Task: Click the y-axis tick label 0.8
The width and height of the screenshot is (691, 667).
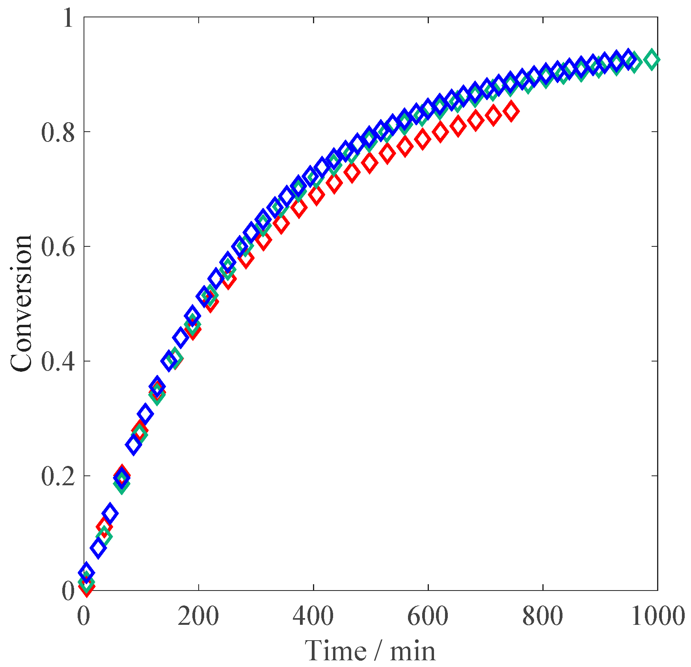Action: pos(58,133)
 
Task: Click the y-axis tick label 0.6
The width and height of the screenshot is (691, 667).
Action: pos(58,248)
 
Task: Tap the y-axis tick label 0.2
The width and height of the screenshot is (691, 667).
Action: pos(58,477)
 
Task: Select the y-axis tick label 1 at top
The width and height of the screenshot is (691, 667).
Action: pos(69,18)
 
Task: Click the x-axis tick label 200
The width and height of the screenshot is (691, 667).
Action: pos(198,616)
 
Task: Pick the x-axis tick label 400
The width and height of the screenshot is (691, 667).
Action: pos(313,616)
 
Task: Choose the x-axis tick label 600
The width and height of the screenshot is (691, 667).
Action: pos(428,616)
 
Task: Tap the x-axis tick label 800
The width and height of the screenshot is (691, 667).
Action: pos(542,616)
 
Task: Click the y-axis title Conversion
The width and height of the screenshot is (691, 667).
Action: pos(21,303)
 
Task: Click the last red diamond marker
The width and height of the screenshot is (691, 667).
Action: pos(511,111)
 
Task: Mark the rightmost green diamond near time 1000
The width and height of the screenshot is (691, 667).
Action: pos(652,60)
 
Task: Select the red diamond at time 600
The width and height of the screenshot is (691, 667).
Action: pos(423,140)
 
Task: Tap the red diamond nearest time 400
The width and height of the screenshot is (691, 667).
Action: pos(317,195)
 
